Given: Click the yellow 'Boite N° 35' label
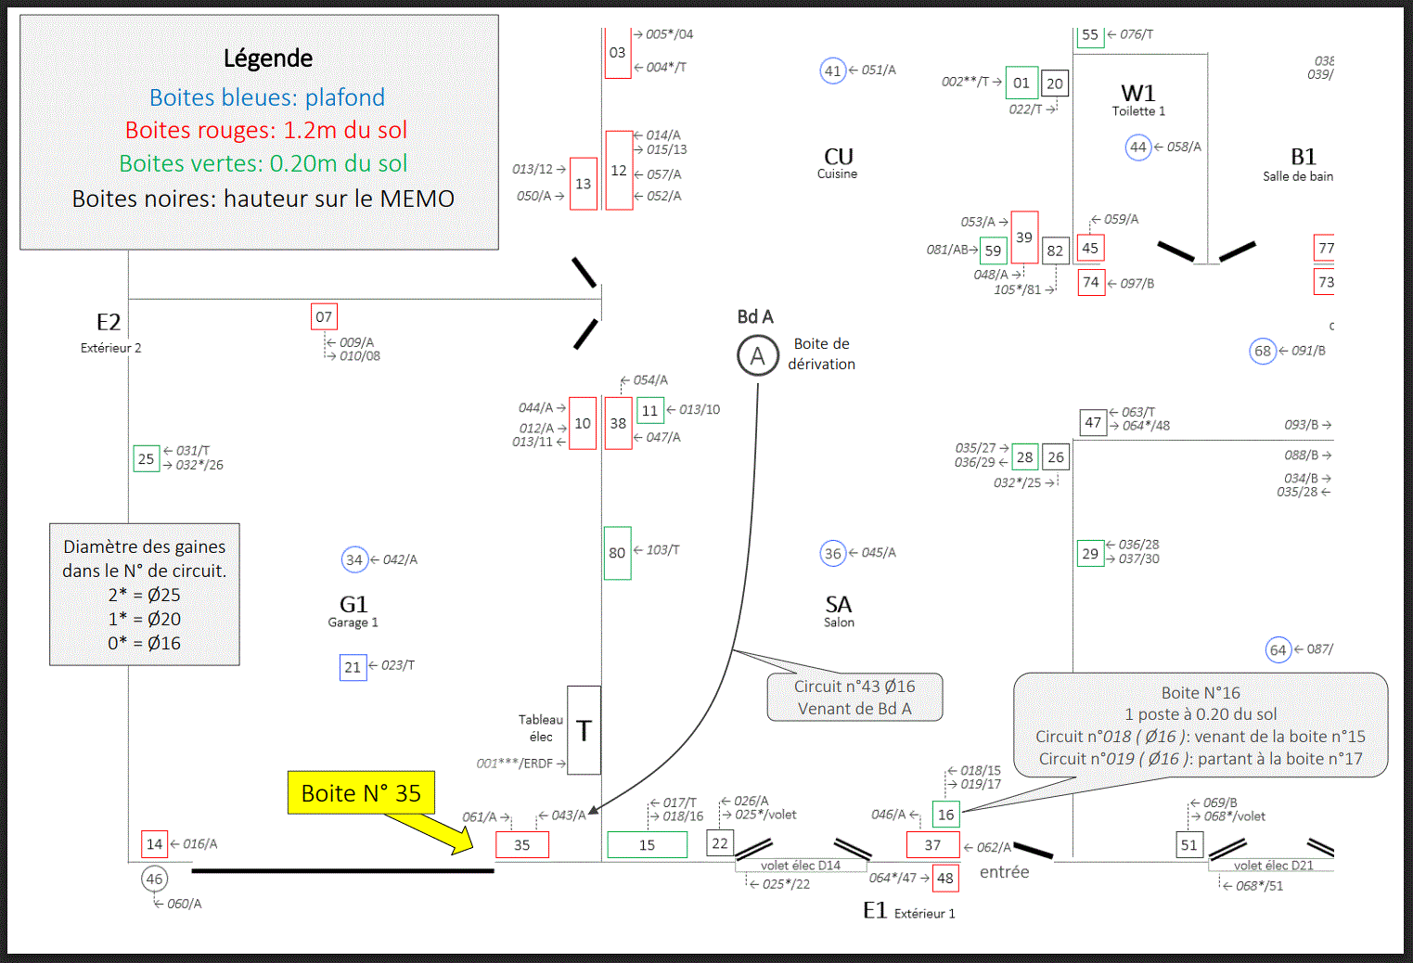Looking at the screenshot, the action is point(361,792).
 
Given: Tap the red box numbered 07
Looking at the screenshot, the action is point(324,316).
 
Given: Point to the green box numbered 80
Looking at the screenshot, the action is point(618,553).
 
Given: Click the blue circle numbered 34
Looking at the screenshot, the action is point(354,559).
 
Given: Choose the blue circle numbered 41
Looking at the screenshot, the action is point(832,71).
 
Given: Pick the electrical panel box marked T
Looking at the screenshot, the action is point(584,730).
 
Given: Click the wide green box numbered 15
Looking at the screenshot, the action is point(648,845).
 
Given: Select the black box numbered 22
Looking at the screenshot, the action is point(720,843).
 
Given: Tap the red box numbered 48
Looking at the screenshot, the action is point(945,878).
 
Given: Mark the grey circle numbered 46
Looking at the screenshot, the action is point(155,879).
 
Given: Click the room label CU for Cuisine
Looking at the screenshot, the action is point(838,162).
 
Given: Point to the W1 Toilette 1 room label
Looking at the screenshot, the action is point(1138,100).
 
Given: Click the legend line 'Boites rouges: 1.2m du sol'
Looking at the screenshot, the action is point(266,130).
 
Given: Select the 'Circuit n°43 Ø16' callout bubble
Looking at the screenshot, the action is point(854,697).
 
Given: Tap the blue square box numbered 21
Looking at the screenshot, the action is point(353,667).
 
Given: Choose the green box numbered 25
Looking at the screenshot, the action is point(147,458).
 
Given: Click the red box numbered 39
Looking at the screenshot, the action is point(1024,238).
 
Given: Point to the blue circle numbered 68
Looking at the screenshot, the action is point(1263,352).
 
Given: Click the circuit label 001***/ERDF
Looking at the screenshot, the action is point(515,764).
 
